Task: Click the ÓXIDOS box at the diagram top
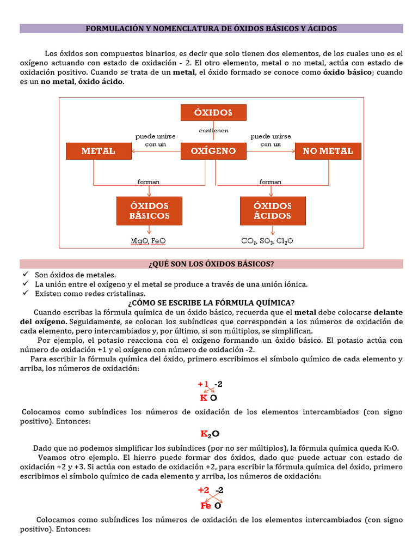click(213, 112)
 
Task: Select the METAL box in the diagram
click(99, 151)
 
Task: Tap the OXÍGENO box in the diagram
click(213, 151)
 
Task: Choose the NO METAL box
click(328, 151)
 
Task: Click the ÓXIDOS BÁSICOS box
click(149, 211)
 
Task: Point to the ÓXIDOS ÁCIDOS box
click(273, 211)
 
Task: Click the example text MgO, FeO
click(149, 240)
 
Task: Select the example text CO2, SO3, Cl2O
click(267, 240)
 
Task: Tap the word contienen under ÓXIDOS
click(213, 131)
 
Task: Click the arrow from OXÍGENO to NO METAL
click(271, 151)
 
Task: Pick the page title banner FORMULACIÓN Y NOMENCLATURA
click(211, 28)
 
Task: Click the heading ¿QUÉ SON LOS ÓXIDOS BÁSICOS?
click(211, 264)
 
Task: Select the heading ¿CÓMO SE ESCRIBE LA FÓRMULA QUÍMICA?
click(211, 303)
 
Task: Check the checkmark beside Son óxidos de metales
click(26, 275)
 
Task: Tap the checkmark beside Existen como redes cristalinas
click(26, 293)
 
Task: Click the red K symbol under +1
click(204, 398)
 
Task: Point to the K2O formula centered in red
click(210, 434)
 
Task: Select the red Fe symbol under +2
click(206, 505)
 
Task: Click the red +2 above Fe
click(204, 490)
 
